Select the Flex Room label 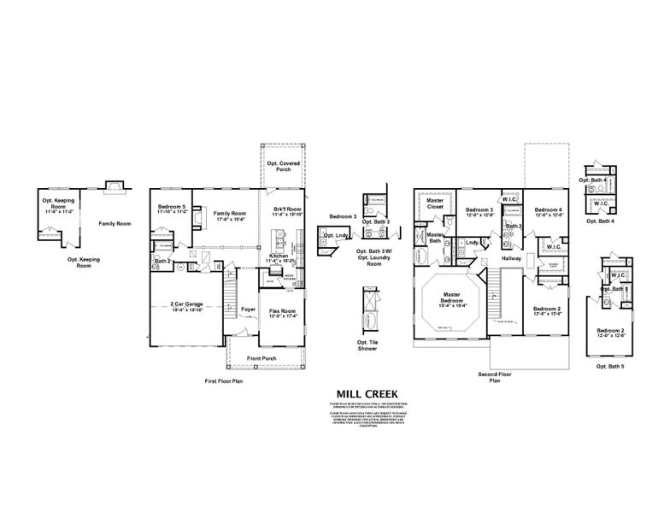point(282,311)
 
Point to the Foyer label point(248,310)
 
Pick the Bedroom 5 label point(172,207)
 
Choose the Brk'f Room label point(287,209)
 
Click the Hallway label point(512,257)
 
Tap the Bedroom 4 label point(547,209)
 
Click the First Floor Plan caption point(224,380)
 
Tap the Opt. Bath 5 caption point(610,366)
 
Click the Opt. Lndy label point(336,235)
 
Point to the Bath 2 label point(162,260)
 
